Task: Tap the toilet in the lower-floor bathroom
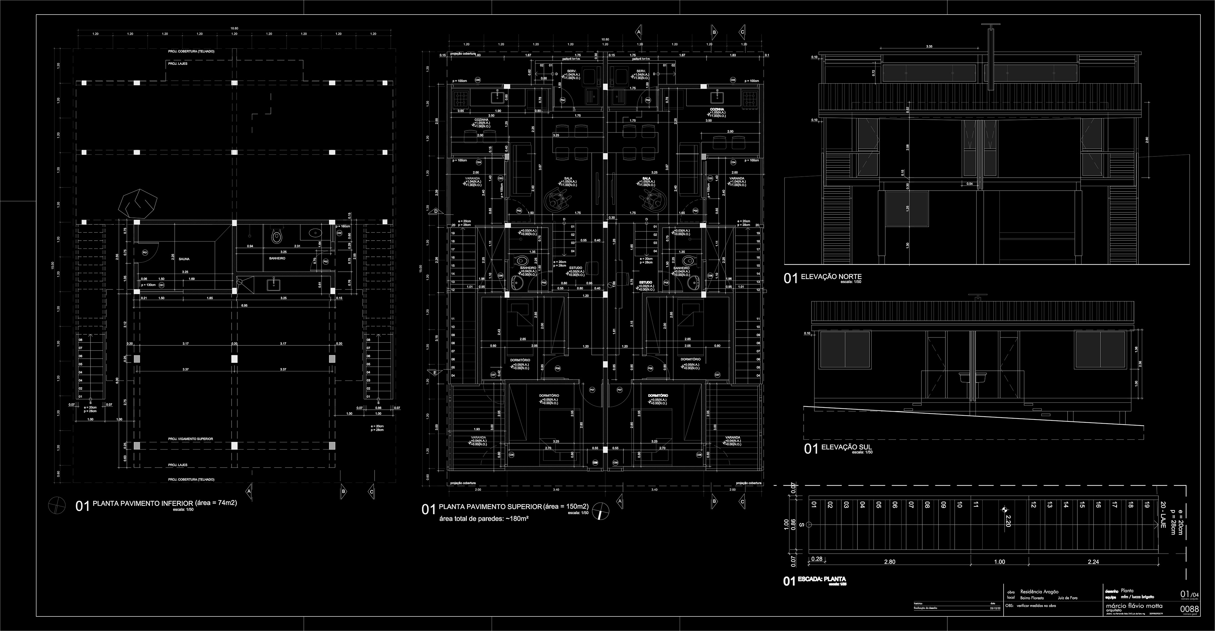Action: [277, 237]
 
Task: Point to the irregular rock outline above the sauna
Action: [138, 203]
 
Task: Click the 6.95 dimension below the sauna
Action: [244, 306]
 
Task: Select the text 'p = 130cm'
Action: [148, 285]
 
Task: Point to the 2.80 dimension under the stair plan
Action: [889, 562]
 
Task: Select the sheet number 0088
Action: [1199, 622]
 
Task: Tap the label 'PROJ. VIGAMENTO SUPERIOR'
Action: [190, 439]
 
